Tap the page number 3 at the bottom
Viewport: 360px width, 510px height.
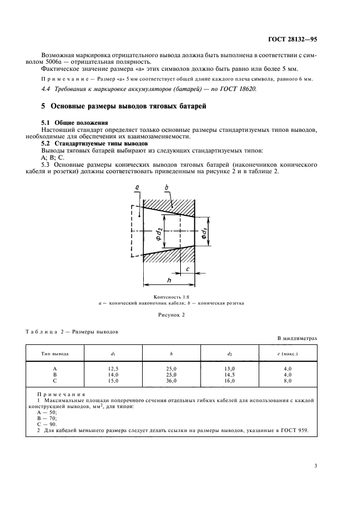click(316, 465)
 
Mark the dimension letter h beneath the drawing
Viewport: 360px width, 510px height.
click(169, 280)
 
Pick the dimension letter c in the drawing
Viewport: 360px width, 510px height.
click(186, 269)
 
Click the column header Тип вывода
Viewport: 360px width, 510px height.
click(55, 353)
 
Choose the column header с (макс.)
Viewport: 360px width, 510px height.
click(288, 353)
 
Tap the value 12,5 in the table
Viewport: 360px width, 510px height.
click(114, 369)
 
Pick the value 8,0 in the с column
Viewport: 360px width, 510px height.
click(287, 380)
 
